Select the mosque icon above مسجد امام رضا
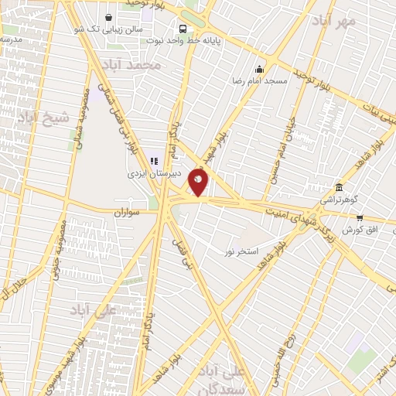point(259,69)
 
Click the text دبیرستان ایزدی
point(155,174)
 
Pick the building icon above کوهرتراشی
point(339,187)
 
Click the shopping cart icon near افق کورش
point(360,219)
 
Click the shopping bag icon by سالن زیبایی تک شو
point(108,16)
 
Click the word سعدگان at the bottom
point(247,387)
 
